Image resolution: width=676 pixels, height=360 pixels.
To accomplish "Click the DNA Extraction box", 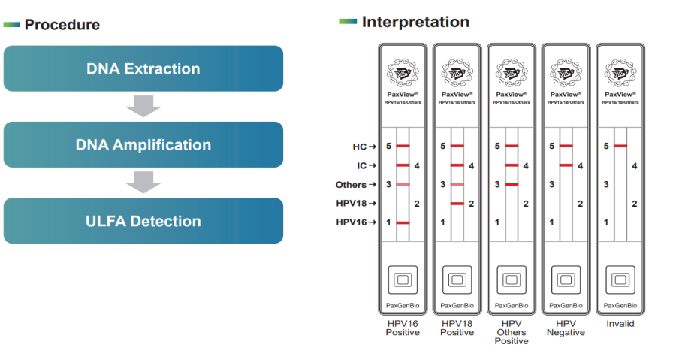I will (143, 68).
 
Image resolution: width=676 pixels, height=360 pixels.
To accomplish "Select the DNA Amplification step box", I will (143, 144).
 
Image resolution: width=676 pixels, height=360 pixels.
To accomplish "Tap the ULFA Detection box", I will (143, 221).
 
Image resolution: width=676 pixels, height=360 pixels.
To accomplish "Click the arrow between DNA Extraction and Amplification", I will (143, 106).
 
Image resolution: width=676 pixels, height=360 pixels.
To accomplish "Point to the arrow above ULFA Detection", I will (143, 183).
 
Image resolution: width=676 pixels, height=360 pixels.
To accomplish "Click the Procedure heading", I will (62, 25).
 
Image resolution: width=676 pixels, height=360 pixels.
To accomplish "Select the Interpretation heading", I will (415, 22).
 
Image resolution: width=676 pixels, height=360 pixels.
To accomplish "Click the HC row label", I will (359, 146).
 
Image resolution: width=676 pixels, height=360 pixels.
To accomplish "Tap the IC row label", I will (361, 165).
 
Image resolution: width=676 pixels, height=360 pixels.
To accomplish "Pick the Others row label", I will (351, 185).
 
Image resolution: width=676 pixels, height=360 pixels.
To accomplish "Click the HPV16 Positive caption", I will (402, 328).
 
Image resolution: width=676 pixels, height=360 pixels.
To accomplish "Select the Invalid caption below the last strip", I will (620, 324).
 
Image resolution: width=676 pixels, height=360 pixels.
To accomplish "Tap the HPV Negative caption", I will (566, 328).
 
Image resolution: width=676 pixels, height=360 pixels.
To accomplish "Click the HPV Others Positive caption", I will (512, 332).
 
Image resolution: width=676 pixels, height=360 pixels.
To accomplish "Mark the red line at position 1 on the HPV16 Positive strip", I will (403, 222).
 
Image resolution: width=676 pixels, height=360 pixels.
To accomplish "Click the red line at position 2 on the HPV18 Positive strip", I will (457, 204).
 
